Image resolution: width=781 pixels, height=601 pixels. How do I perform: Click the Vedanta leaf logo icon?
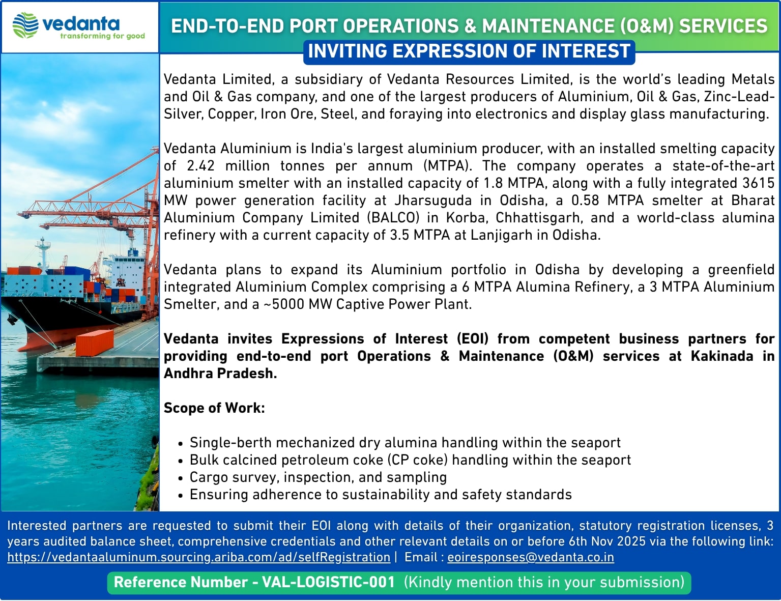point(25,25)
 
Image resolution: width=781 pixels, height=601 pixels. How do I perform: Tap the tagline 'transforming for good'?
point(102,36)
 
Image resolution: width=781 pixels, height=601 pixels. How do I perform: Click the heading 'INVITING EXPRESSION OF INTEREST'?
point(469,51)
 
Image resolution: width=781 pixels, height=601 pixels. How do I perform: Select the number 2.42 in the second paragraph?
point(200,166)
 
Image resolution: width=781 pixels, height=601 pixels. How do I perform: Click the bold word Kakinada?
point(721,356)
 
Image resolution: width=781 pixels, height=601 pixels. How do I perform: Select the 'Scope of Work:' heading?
point(214,408)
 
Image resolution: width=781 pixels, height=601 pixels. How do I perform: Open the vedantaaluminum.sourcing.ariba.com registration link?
point(199,558)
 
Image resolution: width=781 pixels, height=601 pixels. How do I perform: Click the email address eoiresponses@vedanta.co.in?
point(531,558)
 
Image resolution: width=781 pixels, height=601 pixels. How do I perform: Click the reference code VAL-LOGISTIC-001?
point(329,582)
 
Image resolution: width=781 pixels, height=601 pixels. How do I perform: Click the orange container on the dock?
point(95,343)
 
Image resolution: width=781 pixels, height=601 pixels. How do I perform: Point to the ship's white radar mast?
point(43,253)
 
